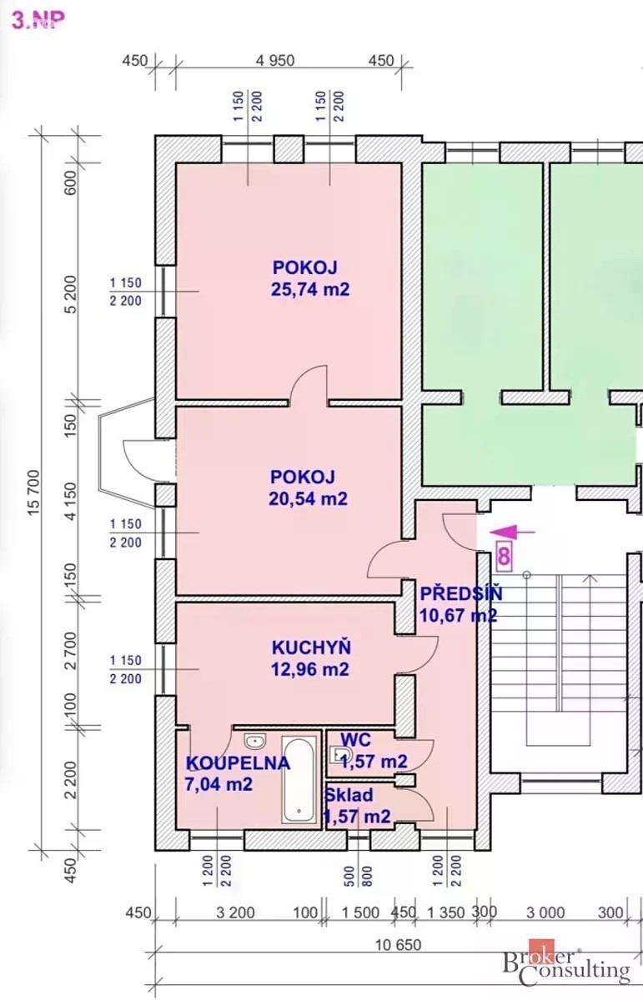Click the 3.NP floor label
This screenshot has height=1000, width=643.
click(x=38, y=20)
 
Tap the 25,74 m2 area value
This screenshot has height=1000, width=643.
click(x=310, y=289)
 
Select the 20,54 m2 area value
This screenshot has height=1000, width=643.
click(x=308, y=498)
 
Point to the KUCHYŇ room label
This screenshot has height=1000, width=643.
click(x=311, y=647)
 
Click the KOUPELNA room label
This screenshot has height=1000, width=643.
click(x=239, y=763)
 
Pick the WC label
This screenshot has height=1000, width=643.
click(x=355, y=740)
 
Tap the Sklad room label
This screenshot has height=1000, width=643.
click(x=349, y=795)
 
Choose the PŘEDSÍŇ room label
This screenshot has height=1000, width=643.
click(x=461, y=593)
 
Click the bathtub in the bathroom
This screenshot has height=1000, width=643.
click(x=299, y=780)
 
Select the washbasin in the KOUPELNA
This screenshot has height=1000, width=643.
click(x=255, y=741)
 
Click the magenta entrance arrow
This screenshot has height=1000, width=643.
click(x=512, y=532)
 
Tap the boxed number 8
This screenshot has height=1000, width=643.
click(x=504, y=557)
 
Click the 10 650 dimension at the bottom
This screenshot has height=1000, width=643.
click(x=398, y=945)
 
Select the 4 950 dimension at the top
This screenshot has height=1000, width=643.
click(x=275, y=60)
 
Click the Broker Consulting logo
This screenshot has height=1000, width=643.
click(x=566, y=966)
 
